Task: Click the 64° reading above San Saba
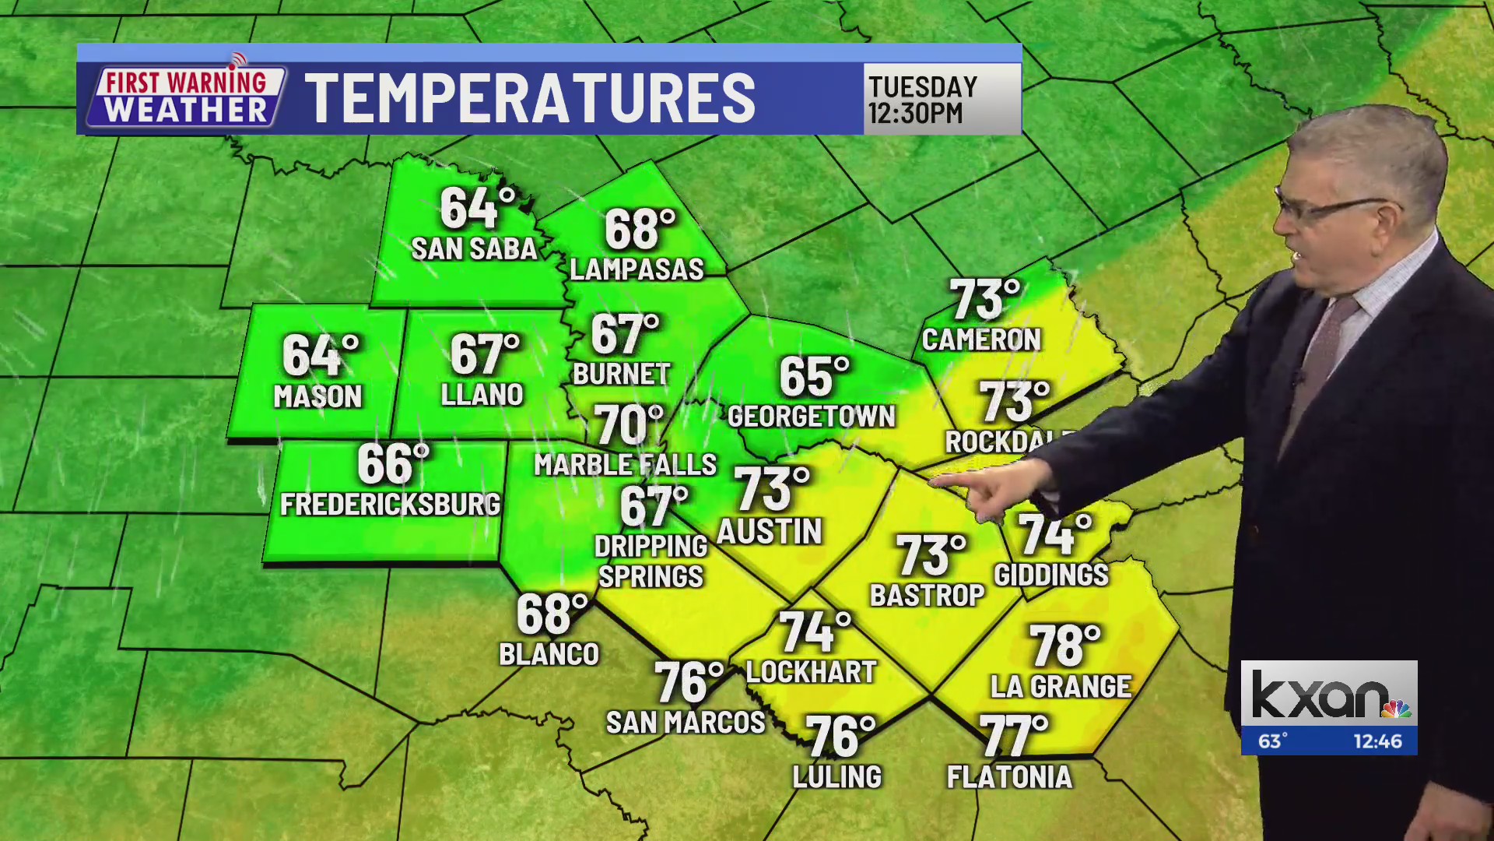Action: click(476, 208)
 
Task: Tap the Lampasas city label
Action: click(637, 269)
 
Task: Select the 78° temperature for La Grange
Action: click(1064, 646)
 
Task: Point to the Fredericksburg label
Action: click(390, 505)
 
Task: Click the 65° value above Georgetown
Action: click(814, 378)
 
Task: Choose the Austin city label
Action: click(769, 532)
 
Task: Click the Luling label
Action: click(836, 777)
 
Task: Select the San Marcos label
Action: click(686, 723)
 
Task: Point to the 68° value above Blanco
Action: click(551, 614)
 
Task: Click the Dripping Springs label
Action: click(651, 561)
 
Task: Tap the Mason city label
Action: click(317, 397)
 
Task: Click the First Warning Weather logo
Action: click(187, 97)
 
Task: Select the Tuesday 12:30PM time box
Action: click(942, 99)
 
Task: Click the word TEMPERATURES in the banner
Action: click(530, 98)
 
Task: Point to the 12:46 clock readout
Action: click(1377, 741)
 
